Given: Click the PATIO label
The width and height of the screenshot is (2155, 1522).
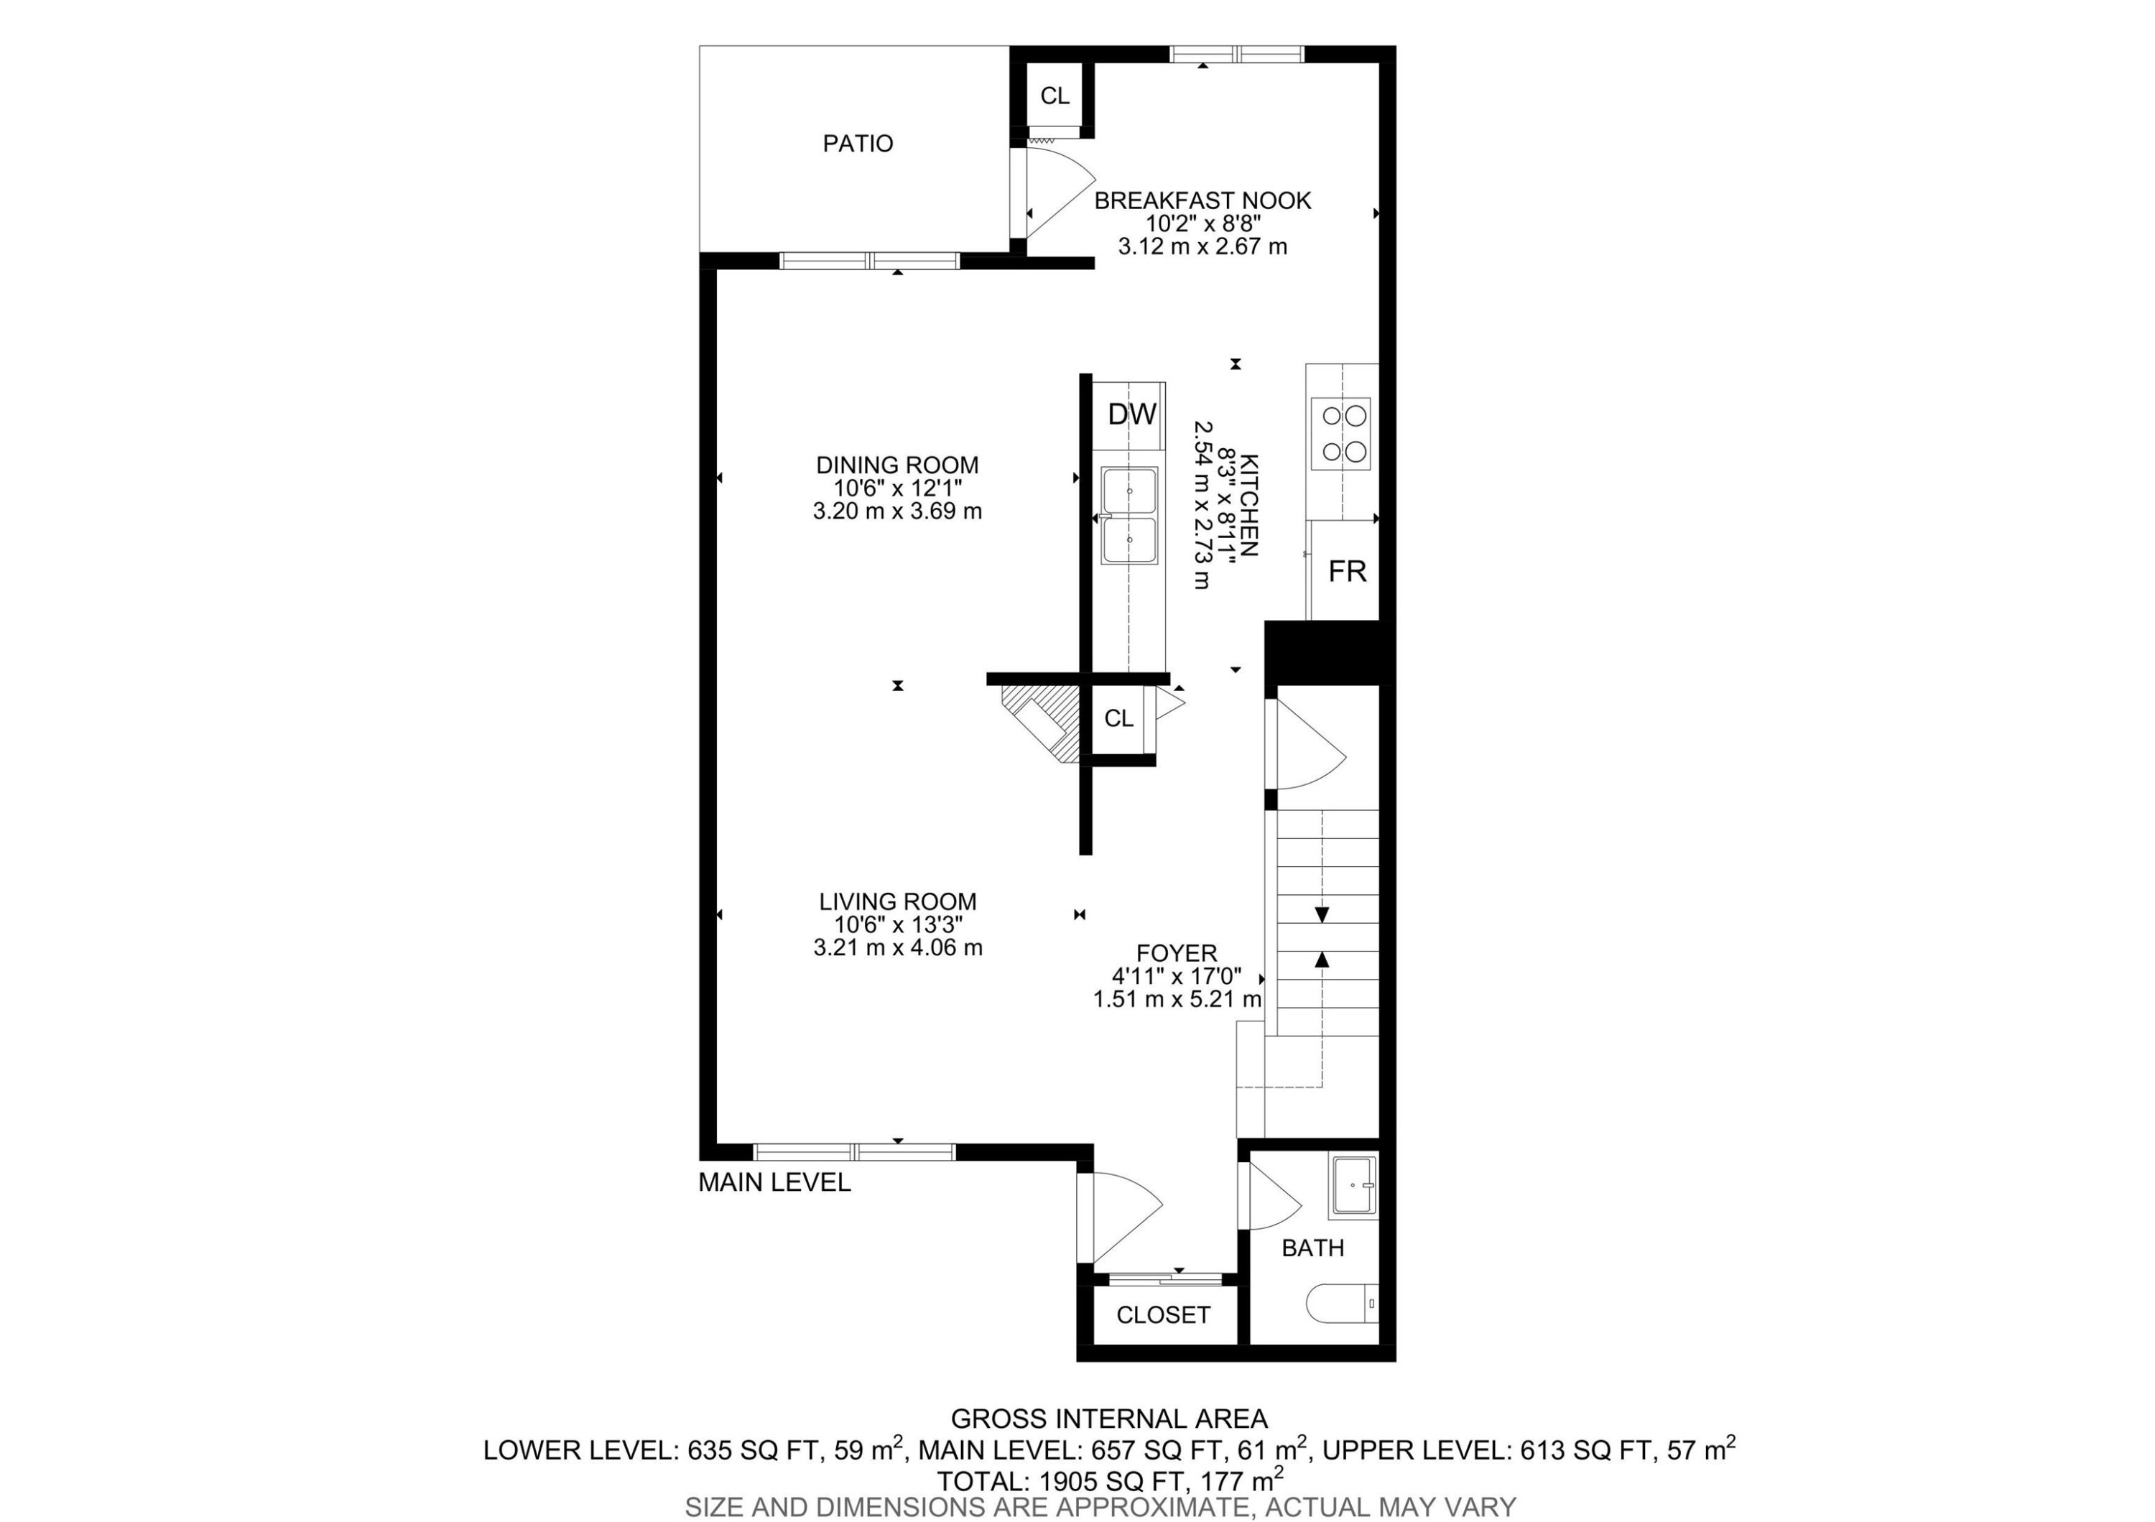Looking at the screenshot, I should coord(857,144).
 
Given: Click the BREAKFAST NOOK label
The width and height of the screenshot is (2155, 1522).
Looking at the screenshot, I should coord(1202,200).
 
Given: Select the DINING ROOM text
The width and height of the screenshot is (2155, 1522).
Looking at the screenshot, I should coord(896,465).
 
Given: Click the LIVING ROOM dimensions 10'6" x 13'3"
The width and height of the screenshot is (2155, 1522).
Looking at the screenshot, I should coord(897,924).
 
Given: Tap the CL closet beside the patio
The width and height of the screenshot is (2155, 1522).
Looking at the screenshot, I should coord(1054,96).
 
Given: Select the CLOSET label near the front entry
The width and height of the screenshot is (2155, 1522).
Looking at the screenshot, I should coord(1162,1314).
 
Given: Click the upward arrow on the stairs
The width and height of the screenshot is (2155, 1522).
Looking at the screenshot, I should coord(1322,959).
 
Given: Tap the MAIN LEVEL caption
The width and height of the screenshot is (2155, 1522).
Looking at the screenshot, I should coord(774,1182).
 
